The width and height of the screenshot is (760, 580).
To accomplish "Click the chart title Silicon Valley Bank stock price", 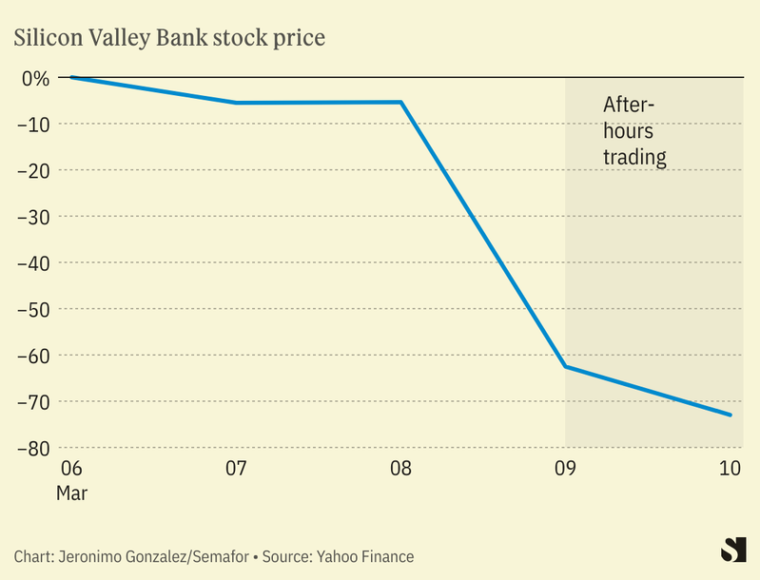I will coord(168,39).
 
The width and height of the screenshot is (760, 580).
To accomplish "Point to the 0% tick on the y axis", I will coord(35,77).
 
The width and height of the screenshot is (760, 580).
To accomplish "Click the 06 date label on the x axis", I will coord(70,469).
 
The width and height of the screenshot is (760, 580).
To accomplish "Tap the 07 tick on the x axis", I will coord(236,469).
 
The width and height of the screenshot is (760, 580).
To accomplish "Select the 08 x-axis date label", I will coord(400,469).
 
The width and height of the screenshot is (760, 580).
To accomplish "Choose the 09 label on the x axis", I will coord(566,469).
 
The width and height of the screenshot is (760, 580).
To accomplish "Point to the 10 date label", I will coord(730,469).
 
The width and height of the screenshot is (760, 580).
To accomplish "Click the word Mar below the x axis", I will coord(72,493).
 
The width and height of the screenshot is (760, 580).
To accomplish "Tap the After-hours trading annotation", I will coord(633,131).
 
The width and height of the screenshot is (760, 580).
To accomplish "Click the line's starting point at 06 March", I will coord(71,77).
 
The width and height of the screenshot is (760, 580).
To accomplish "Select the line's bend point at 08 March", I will coord(401,102).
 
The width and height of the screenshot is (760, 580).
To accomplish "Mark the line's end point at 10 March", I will coord(731,415).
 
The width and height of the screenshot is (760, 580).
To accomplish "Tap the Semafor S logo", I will coord(731,551).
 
